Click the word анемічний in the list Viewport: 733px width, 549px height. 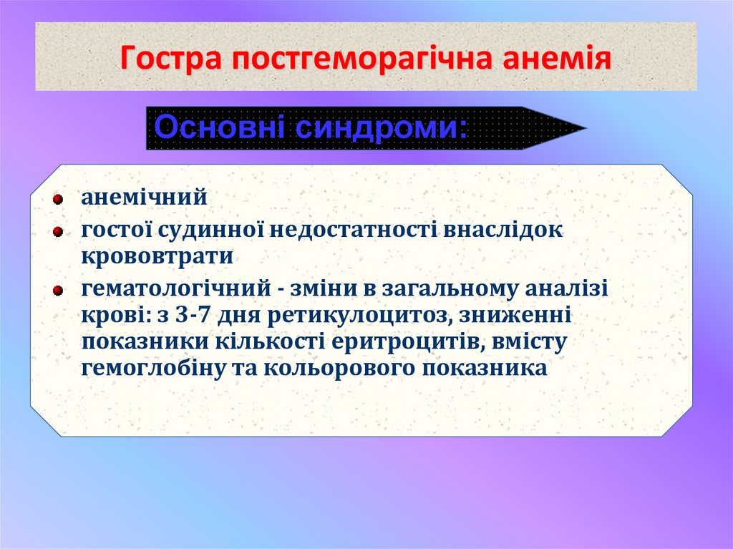click(143, 196)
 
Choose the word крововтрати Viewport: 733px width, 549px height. click(157, 256)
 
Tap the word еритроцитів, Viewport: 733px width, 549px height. click(407, 341)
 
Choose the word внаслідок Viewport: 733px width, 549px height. click(505, 230)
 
